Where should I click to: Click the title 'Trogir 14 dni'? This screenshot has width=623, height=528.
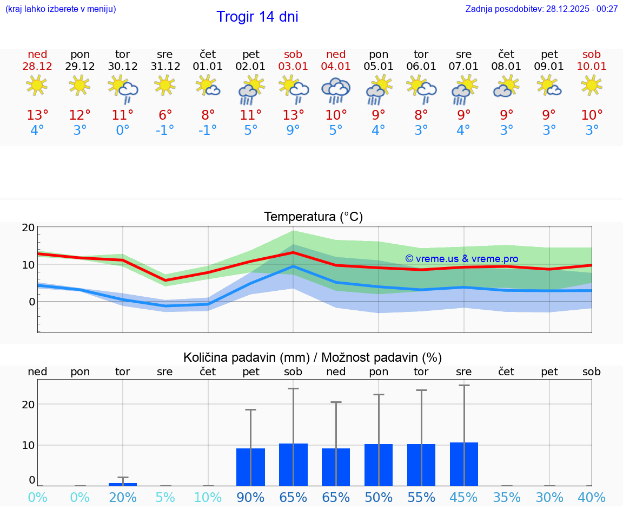[257, 17]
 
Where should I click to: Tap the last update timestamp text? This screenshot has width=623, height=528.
[541, 9]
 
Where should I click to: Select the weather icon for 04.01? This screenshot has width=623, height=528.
[336, 90]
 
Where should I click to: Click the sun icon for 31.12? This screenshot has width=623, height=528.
[165, 85]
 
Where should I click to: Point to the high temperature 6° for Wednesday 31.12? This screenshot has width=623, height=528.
[165, 115]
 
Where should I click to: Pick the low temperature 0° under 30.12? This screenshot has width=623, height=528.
[123, 131]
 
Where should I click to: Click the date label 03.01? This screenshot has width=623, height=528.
[293, 66]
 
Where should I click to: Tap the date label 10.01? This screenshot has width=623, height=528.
[592, 66]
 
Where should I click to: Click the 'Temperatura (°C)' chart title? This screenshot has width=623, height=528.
[313, 217]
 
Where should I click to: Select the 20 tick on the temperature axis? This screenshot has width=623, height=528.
[28, 227]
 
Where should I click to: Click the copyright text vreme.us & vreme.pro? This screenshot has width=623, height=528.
[461, 259]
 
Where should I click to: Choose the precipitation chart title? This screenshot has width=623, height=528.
[312, 357]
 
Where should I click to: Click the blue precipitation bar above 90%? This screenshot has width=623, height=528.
[250, 467]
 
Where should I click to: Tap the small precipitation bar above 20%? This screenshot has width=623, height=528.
[123, 484]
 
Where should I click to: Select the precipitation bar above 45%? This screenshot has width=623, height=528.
[464, 464]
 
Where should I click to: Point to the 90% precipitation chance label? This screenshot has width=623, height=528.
[250, 498]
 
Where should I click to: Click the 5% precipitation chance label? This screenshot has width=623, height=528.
[165, 498]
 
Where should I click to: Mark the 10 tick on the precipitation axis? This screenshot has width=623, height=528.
[28, 445]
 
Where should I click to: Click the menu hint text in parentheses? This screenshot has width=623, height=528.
[61, 9]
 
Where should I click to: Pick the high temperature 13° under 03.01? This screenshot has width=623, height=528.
[293, 115]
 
